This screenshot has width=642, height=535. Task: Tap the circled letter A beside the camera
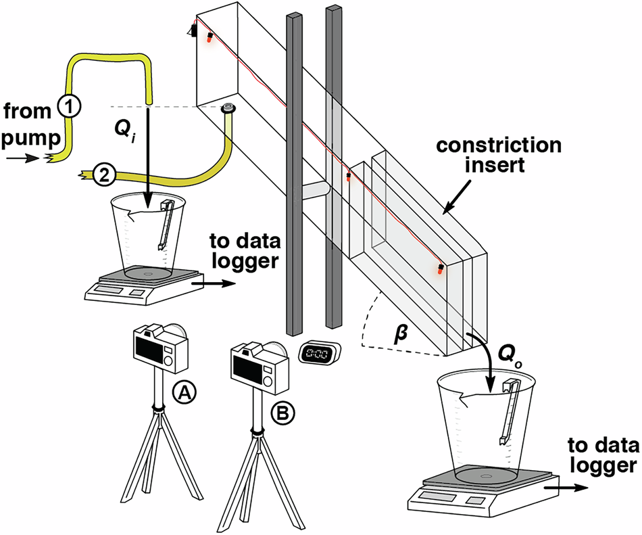tap(184, 390)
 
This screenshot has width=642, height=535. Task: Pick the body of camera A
tap(161, 348)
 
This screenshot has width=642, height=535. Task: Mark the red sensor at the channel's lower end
tap(441, 269)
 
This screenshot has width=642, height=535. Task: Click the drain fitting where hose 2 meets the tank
tap(228, 108)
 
